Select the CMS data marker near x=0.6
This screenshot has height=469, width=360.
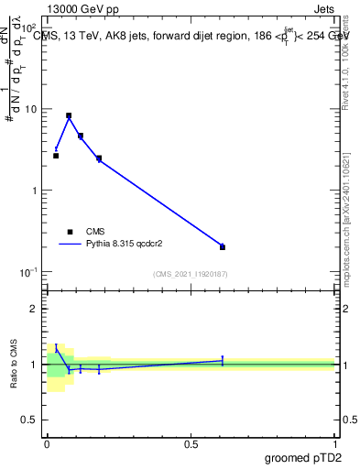[x=223, y=247]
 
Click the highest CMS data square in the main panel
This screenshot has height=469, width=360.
[x=69, y=116]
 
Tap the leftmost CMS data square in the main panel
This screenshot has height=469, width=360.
[x=56, y=156]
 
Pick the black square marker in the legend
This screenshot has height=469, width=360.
[x=70, y=232]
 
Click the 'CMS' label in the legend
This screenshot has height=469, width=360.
[x=96, y=232]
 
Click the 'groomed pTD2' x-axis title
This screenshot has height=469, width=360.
[x=303, y=458]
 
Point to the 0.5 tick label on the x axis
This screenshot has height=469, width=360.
[x=191, y=443]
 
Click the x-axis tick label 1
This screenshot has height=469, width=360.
[x=334, y=443]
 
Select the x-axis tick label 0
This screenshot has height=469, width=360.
[x=46, y=443]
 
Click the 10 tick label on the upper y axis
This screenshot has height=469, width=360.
[x=31, y=109]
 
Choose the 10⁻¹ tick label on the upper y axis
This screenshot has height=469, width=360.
[x=29, y=272]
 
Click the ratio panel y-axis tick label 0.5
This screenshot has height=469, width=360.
[x=31, y=420]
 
